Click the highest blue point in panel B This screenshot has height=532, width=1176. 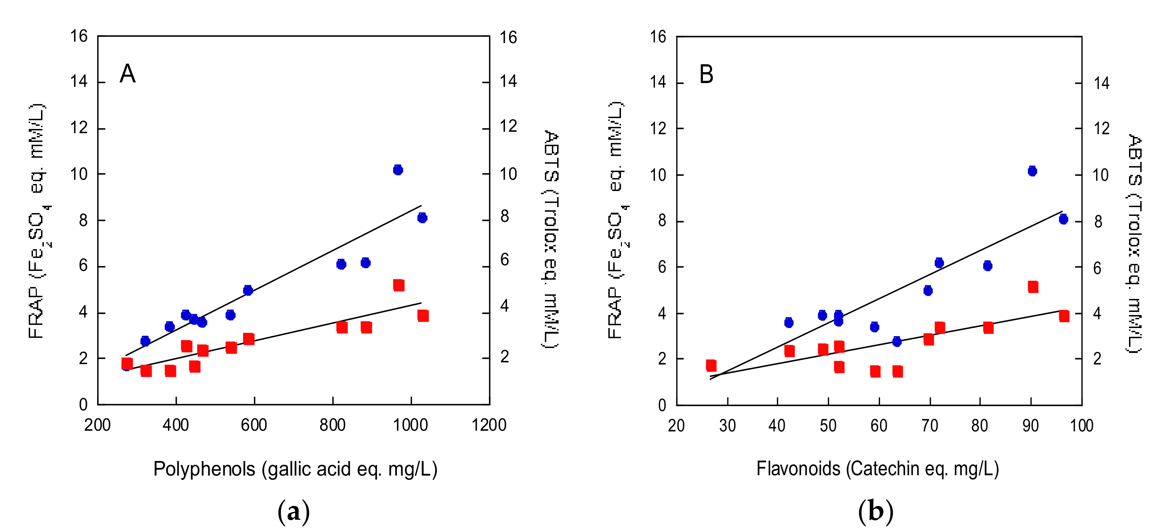1032,171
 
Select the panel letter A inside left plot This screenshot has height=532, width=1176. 127,74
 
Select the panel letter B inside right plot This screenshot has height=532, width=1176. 706,74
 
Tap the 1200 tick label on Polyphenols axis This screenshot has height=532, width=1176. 488,425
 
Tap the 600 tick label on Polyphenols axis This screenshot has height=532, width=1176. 254,425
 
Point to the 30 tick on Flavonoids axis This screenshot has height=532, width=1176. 727,426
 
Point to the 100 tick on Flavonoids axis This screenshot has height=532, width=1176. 1081,426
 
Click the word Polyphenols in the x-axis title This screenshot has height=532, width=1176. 204,469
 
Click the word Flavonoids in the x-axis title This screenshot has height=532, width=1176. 798,469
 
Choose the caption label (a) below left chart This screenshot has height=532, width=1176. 293,511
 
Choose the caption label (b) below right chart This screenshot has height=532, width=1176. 875,511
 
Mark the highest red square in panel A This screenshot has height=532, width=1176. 399,285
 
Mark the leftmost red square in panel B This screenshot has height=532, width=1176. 711,366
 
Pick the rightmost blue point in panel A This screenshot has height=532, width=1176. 422,218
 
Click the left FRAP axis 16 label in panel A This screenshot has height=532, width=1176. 79,36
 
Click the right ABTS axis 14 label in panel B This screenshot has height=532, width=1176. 1101,83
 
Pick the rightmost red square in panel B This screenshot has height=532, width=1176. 1064,316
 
